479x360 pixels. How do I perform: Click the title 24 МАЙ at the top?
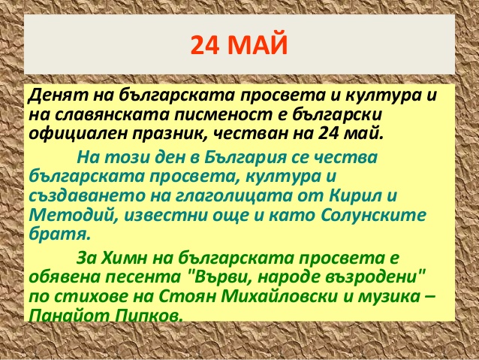point(239,44)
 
